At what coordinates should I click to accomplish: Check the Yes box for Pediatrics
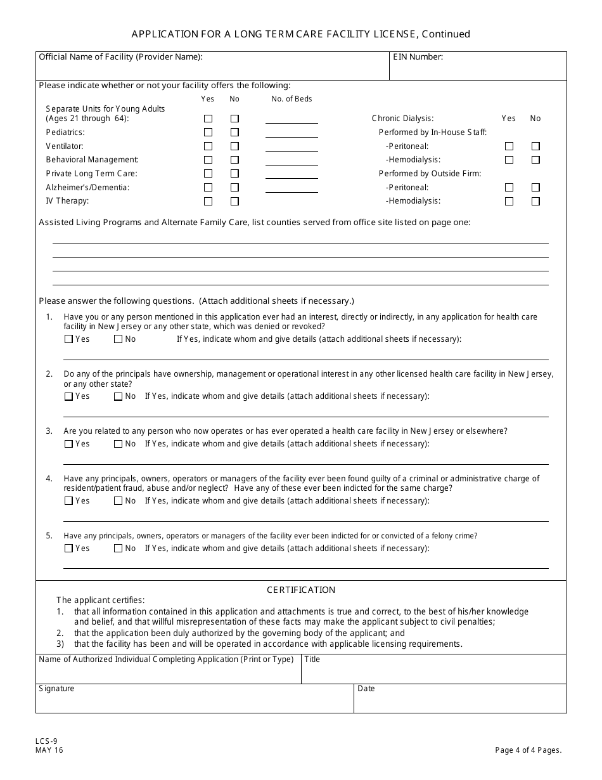coord(208,133)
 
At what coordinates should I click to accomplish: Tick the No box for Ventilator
coord(234,146)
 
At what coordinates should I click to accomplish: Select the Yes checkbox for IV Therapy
coord(208,202)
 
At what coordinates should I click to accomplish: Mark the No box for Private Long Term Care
coord(234,174)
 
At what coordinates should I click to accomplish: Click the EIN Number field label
coord(418,57)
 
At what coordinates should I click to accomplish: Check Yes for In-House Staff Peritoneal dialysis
coord(509,146)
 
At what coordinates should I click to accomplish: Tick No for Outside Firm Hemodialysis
coord(535,202)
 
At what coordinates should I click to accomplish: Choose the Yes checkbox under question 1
coord(68,339)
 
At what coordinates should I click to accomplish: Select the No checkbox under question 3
coord(118,444)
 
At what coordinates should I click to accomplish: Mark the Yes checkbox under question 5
coord(68,549)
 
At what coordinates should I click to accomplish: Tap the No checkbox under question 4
coord(118,501)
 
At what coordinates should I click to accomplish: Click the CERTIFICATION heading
coord(301,590)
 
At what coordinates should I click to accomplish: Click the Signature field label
coord(56,689)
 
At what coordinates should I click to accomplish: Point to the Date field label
coord(366,689)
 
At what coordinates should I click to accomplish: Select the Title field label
coord(312,660)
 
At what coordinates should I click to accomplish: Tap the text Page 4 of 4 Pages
coord(528,750)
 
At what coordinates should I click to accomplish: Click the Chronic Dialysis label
coord(402,119)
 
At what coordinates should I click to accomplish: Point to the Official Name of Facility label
coord(120,57)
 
